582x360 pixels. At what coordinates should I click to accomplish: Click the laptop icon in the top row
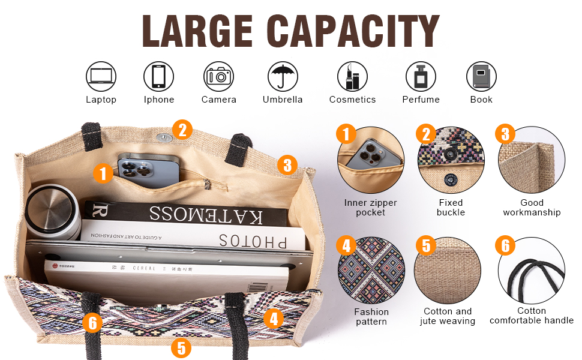pyautogui.click(x=101, y=77)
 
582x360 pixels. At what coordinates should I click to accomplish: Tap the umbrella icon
pyautogui.click(x=283, y=77)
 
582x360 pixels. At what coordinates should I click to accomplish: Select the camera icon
pyautogui.click(x=219, y=77)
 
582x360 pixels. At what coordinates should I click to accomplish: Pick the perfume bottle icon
pyautogui.click(x=421, y=77)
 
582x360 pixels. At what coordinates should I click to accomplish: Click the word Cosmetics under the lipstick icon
pyautogui.click(x=352, y=100)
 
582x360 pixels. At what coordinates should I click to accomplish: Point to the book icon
pyautogui.click(x=481, y=77)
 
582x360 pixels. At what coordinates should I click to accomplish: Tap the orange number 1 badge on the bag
pyautogui.click(x=103, y=174)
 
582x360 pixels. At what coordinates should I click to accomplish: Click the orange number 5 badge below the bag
pyautogui.click(x=181, y=347)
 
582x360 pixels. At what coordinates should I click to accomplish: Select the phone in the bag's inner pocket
pyautogui.click(x=147, y=170)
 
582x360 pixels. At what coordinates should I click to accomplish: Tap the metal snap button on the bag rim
pyautogui.click(x=163, y=137)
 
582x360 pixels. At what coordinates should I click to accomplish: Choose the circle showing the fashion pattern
pyautogui.click(x=371, y=270)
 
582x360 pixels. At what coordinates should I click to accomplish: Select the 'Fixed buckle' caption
pyautogui.click(x=451, y=208)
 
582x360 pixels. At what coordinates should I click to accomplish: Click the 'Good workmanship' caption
pyautogui.click(x=532, y=208)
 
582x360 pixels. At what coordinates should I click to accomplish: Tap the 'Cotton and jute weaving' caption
pyautogui.click(x=448, y=316)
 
